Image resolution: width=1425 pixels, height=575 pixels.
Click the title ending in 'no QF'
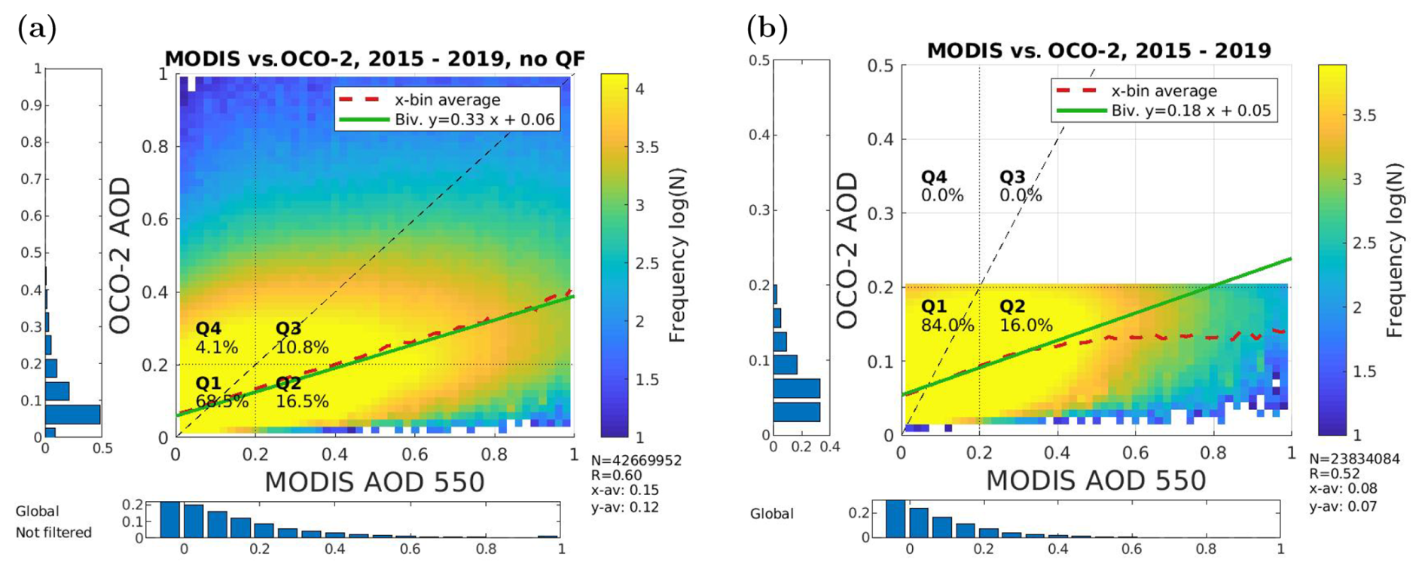click(x=374, y=59)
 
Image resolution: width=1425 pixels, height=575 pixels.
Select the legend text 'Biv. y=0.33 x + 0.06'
click(x=474, y=119)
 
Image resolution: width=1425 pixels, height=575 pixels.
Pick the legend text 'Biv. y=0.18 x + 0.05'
click(x=1191, y=110)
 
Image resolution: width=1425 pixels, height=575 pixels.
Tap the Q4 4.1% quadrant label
click(x=217, y=338)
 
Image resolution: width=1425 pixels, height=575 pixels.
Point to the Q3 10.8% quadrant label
click(x=301, y=338)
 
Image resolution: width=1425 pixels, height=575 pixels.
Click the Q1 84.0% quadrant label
click(x=947, y=316)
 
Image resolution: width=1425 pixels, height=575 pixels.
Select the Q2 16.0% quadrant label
click(x=1025, y=316)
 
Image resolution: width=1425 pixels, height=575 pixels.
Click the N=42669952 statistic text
click(x=636, y=460)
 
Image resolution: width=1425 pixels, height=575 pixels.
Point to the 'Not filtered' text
click(x=53, y=532)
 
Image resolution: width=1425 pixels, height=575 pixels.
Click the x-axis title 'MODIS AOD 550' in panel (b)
click(x=1096, y=481)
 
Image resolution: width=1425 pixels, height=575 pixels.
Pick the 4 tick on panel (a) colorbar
click(x=640, y=89)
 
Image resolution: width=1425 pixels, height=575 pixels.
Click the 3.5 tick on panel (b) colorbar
click(x=1364, y=115)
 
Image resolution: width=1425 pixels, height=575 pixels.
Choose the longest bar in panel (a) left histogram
click(x=72, y=414)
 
